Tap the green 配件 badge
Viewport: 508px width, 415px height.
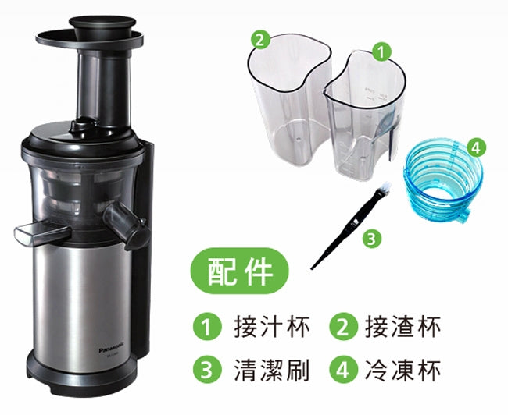(239, 271)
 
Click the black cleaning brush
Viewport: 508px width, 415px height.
(350, 226)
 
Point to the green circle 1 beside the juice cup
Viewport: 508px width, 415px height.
(381, 51)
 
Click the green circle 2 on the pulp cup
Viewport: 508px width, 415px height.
(260, 41)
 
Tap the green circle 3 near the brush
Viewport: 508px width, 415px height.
(371, 239)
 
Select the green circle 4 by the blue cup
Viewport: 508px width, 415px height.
(475, 147)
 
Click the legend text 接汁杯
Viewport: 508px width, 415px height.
(271, 328)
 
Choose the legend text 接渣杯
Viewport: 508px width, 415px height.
(402, 328)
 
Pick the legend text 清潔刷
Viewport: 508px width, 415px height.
(271, 370)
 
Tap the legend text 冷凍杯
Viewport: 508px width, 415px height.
(402, 370)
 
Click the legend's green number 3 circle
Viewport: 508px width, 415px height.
(207, 370)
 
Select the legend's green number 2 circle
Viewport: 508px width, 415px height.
(344, 327)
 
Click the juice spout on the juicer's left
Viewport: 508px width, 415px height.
(42, 233)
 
